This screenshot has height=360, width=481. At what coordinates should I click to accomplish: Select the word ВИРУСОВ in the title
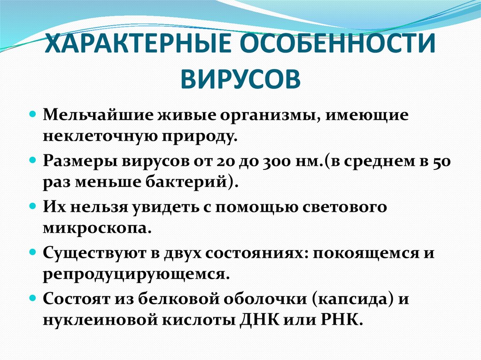pos(240,77)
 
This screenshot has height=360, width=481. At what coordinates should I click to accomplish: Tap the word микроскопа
pos(96,228)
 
